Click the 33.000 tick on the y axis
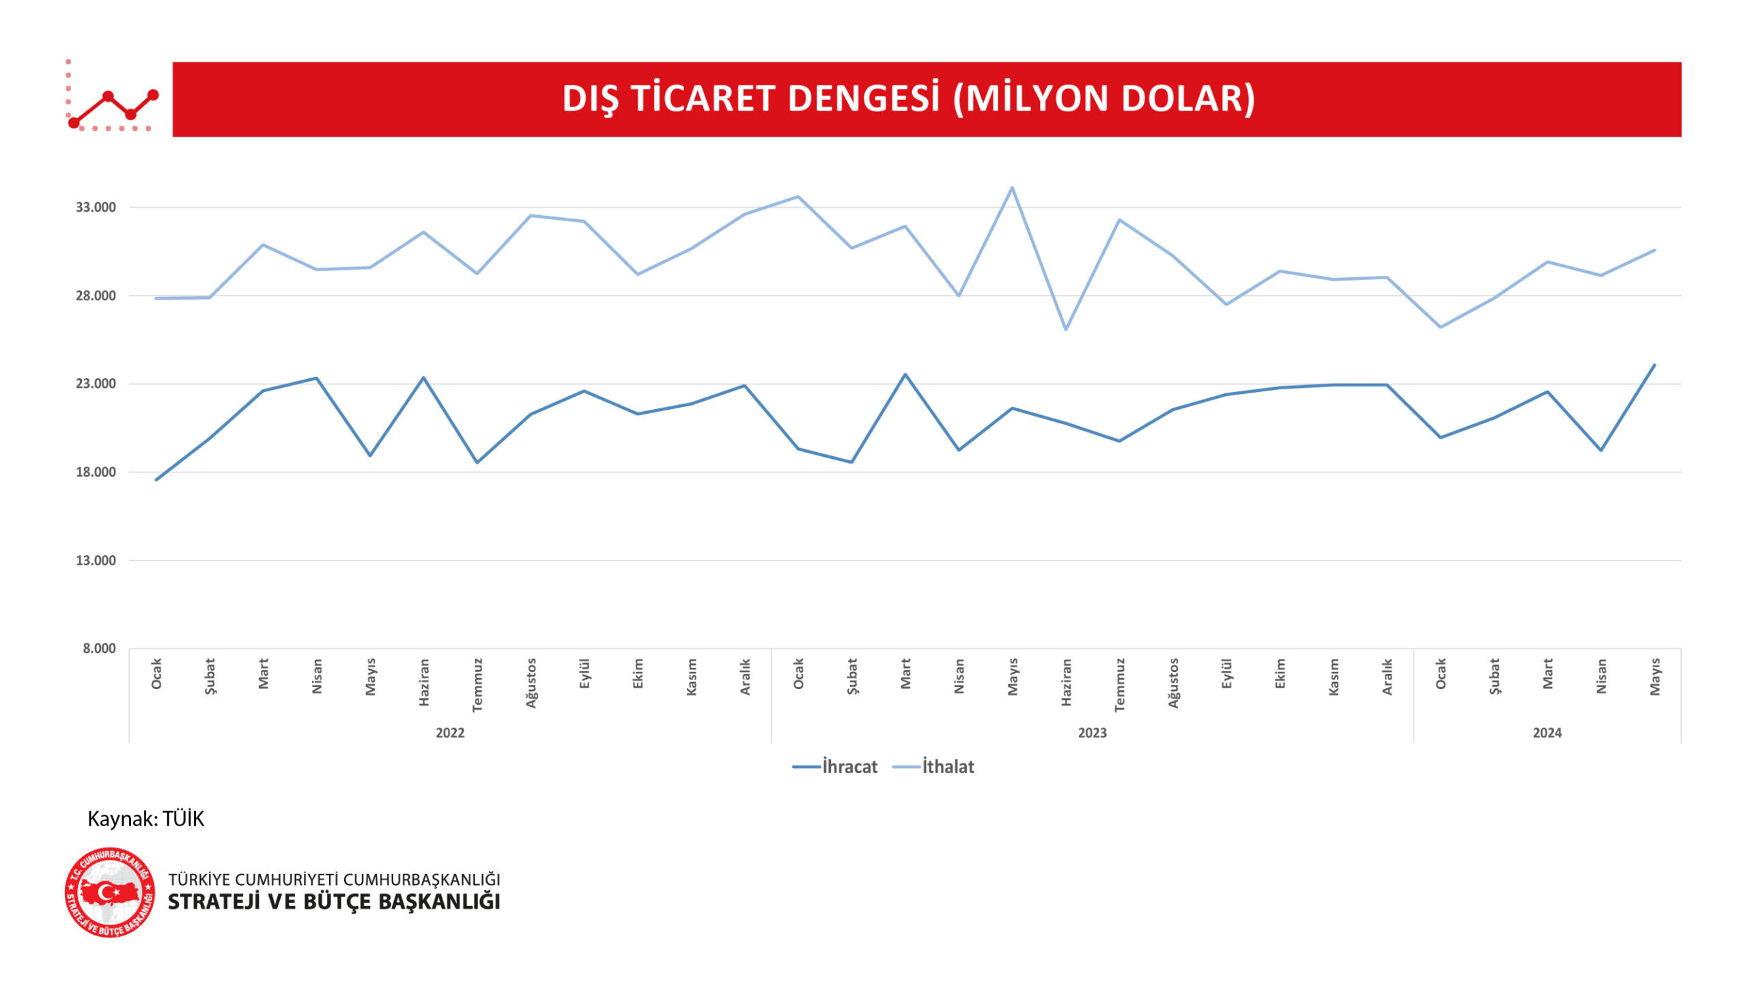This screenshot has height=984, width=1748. coord(96,207)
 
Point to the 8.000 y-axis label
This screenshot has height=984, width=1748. coord(99,648)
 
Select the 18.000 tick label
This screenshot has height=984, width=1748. coord(96,472)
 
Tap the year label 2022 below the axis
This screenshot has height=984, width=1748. coord(450,733)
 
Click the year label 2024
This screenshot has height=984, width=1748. coord(1547,733)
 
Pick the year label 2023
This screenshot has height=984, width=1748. coord(1092,733)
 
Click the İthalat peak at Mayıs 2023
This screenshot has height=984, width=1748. coord(1012,188)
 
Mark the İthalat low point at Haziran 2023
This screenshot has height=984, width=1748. coord(1065,330)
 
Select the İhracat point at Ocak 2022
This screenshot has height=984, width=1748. coord(156,479)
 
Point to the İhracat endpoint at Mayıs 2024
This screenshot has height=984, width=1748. coord(1654,365)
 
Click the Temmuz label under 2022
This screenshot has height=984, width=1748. coord(477,684)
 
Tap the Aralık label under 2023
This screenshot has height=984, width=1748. coord(1387,677)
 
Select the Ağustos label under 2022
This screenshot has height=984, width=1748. coord(531,683)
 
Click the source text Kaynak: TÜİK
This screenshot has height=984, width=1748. coord(145,819)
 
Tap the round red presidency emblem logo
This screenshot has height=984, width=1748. coord(109,892)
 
